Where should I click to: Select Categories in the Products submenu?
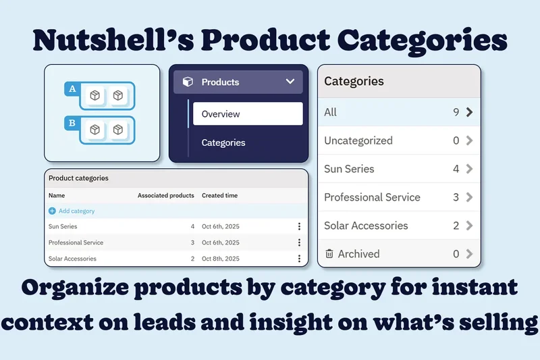223,143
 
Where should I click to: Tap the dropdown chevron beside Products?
290,82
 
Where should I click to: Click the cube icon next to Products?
188,82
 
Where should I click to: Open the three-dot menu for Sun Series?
299,226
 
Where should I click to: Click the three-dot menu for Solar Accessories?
299,259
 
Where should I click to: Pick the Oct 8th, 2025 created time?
221,259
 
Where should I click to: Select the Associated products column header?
165,195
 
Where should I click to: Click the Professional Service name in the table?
76,242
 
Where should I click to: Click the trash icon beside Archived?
329,254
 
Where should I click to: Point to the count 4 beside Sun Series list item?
456,169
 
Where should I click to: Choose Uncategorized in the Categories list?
358,140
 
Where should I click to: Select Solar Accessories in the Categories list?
366,226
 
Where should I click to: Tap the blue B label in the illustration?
72,124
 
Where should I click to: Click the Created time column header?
219,195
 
